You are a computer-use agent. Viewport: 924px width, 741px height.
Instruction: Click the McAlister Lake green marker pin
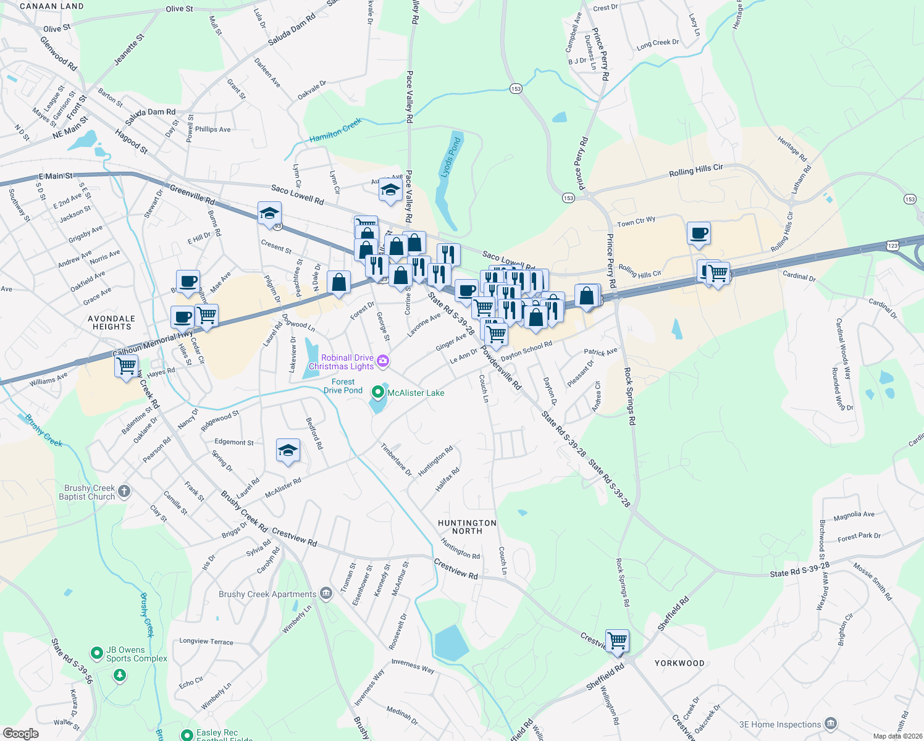[x=378, y=392]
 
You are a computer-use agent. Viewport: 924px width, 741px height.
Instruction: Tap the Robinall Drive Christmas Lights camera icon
[x=383, y=361]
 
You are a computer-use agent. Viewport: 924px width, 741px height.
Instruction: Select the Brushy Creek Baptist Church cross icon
[x=124, y=492]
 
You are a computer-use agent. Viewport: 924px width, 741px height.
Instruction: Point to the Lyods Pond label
[x=450, y=157]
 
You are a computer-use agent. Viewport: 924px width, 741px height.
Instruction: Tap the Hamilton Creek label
[x=335, y=131]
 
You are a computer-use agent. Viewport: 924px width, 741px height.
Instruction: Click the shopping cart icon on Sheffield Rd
[x=617, y=641]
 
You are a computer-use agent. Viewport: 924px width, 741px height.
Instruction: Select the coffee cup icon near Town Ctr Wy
[x=699, y=233]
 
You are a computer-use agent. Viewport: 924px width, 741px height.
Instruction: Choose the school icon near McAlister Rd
[x=288, y=451]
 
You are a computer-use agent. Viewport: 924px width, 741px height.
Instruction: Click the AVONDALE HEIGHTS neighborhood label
[x=112, y=322]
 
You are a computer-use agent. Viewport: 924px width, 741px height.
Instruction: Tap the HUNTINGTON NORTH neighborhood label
[x=467, y=527]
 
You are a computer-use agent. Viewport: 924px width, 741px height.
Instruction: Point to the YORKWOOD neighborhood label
[x=679, y=663]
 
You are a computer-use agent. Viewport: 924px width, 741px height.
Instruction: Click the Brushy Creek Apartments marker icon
[x=327, y=594]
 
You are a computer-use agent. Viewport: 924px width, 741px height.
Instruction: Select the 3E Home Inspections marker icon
[x=831, y=724]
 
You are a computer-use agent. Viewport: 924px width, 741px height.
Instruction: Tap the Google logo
[x=20, y=733]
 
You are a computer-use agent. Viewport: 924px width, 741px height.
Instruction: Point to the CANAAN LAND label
[x=52, y=6]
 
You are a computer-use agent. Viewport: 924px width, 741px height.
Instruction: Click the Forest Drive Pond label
[x=343, y=386]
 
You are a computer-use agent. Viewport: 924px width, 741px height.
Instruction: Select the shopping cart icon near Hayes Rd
[x=127, y=366]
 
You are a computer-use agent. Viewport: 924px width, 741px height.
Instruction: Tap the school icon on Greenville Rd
[x=269, y=214]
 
